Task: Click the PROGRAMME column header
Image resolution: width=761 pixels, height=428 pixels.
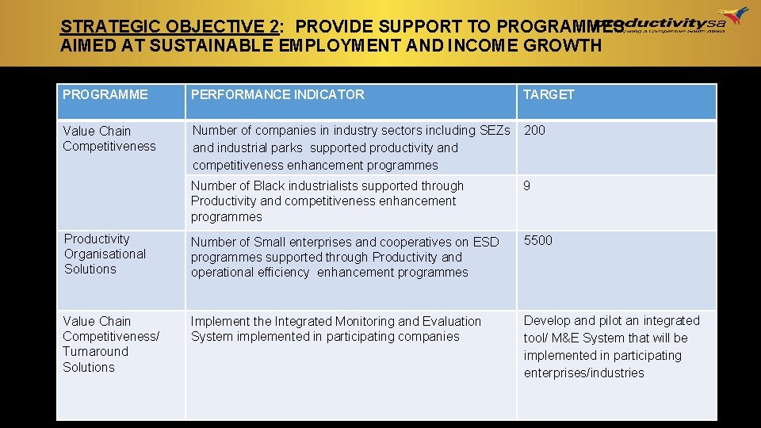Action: point(105,94)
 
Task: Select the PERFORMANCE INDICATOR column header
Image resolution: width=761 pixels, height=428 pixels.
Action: point(277,94)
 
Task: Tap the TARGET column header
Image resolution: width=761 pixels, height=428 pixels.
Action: point(549,94)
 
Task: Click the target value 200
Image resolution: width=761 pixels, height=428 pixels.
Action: point(535,130)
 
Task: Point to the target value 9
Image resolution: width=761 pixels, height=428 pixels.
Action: point(527,185)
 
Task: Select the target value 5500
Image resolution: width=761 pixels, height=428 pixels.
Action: point(538,240)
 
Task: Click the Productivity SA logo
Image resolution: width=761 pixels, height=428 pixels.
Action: point(686,20)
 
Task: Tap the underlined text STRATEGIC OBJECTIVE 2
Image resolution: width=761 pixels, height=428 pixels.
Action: point(169,26)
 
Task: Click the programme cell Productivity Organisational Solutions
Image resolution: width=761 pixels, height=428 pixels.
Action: point(105,254)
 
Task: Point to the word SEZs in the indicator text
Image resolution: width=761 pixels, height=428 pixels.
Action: point(495,130)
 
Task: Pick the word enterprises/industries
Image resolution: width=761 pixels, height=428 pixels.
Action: point(584,373)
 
